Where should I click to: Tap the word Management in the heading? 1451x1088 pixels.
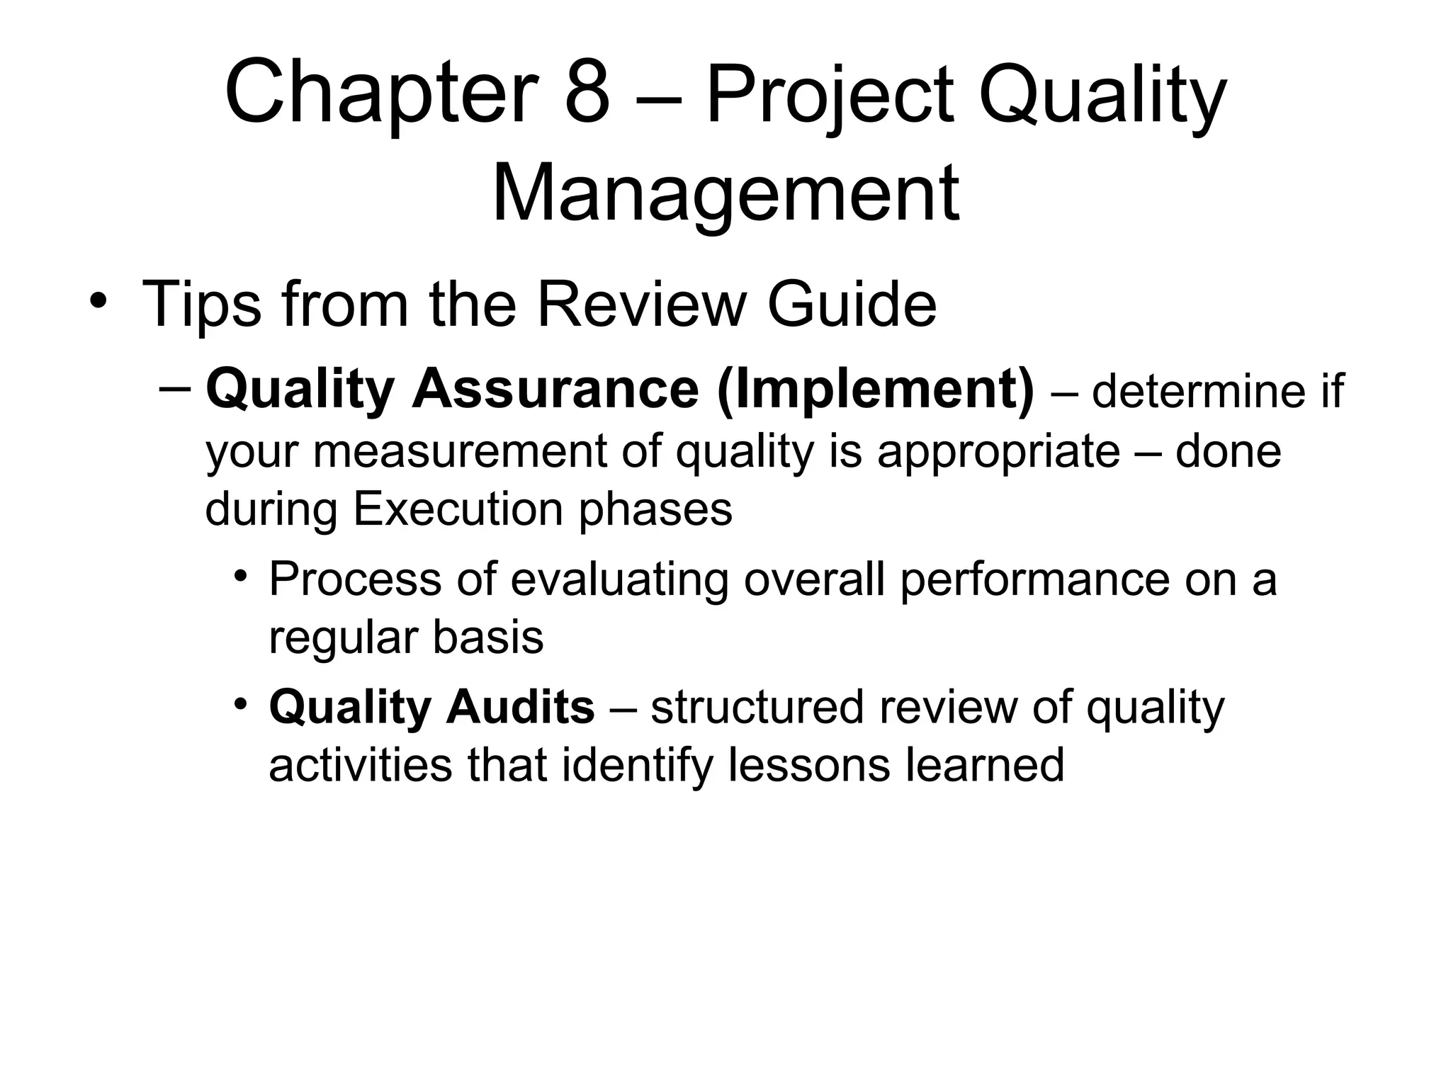coord(725,193)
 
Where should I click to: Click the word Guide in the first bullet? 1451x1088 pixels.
coord(852,305)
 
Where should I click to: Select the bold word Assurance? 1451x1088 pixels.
coord(555,390)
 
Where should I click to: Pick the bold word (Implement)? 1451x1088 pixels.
coord(876,390)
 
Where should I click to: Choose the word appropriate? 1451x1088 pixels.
coord(998,451)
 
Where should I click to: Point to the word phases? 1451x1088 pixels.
coord(655,509)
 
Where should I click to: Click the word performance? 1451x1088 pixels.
coord(1035,579)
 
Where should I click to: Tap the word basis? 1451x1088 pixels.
coord(488,637)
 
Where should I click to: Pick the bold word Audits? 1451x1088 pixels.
coord(520,708)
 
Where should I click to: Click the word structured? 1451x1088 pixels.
coord(757,708)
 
